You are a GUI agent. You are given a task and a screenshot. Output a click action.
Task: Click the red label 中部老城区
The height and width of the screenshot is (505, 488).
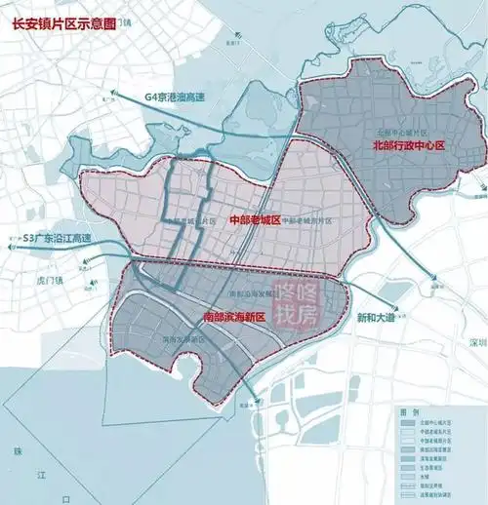click(x=254, y=221)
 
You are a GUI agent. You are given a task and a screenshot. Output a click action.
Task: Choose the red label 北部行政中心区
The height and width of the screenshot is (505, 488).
click(x=408, y=145)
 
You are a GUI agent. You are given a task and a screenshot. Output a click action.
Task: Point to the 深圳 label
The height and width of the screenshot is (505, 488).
click(x=475, y=343)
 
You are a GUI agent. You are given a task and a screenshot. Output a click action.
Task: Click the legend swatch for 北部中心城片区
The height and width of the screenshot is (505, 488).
click(x=408, y=423)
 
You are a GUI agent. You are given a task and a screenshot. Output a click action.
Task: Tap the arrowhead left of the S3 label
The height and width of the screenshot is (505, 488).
click(x=8, y=238)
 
